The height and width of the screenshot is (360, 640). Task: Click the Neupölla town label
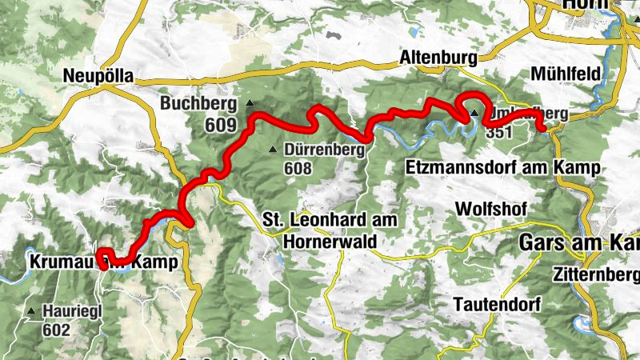[x=98, y=76]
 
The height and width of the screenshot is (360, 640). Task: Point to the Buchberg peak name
[x=199, y=103]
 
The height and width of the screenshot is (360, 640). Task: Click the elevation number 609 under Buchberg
[x=220, y=125]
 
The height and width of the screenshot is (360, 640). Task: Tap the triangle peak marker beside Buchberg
[x=250, y=103]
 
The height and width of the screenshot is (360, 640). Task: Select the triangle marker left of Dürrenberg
[x=274, y=150]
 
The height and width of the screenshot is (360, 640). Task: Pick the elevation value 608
[x=297, y=169]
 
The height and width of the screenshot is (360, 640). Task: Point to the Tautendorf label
[x=497, y=304]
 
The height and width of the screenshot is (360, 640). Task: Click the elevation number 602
[x=58, y=330]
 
